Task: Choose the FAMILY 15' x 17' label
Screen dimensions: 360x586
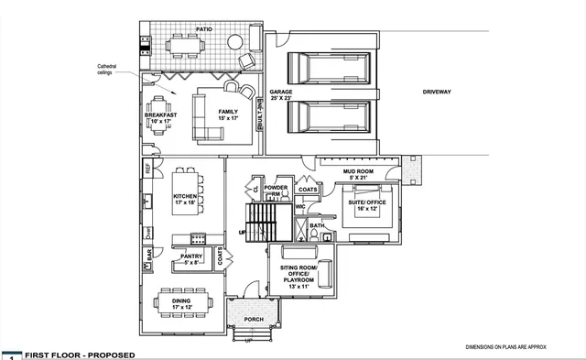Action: (x=227, y=115)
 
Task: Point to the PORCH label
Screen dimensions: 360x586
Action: (x=255, y=320)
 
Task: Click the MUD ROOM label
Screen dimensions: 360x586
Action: (x=358, y=173)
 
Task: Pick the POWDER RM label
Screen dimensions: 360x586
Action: (x=277, y=191)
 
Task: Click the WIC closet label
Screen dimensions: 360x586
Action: (x=299, y=207)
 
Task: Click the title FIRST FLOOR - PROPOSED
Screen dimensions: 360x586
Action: (x=81, y=355)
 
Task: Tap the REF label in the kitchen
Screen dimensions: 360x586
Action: (x=146, y=169)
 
